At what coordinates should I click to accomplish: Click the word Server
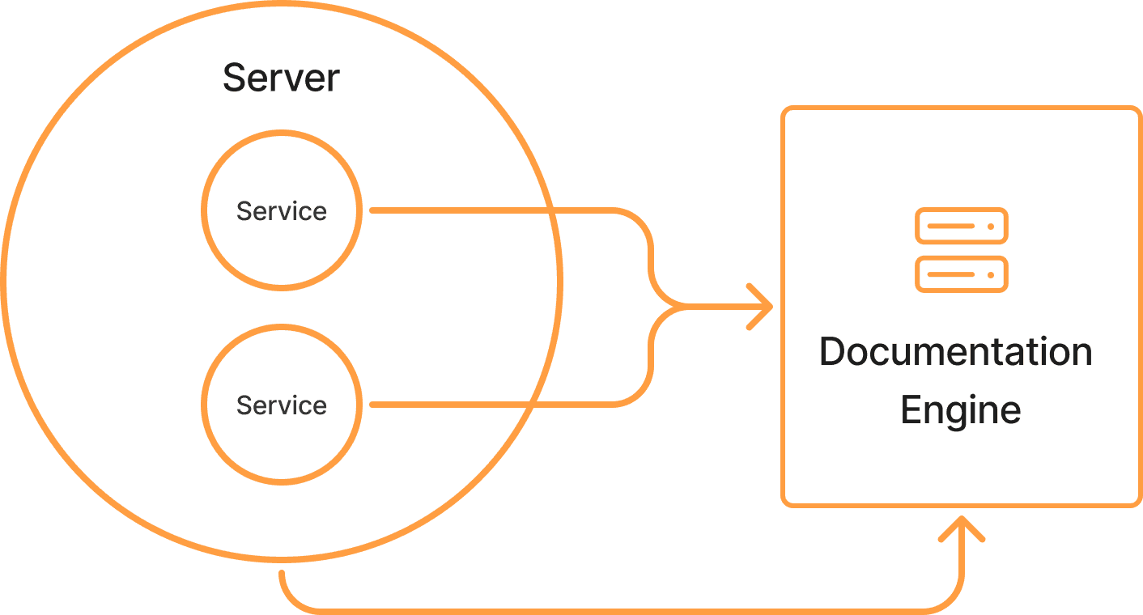click(281, 78)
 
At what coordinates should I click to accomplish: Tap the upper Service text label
click(281, 211)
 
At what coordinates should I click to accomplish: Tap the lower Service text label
click(281, 405)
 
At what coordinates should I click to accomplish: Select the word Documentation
click(956, 352)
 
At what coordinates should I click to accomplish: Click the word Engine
click(960, 410)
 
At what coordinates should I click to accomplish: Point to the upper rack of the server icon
click(961, 226)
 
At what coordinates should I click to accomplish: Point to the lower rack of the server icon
click(961, 274)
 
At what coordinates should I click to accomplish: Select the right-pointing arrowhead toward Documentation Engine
click(761, 307)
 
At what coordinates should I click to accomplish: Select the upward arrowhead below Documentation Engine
click(961, 528)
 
